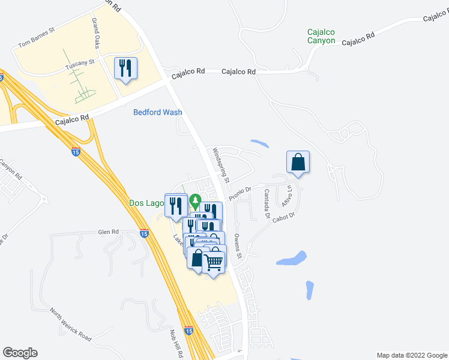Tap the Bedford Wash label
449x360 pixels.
click(158, 112)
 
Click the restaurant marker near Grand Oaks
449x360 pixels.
click(125, 69)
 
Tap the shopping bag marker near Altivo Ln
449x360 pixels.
click(298, 162)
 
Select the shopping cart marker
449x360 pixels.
click(214, 261)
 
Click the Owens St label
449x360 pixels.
click(238, 247)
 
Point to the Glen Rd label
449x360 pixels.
click(109, 232)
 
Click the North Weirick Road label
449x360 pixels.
click(71, 325)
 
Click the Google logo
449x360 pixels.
click(20, 353)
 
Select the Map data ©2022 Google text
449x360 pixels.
click(411, 355)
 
